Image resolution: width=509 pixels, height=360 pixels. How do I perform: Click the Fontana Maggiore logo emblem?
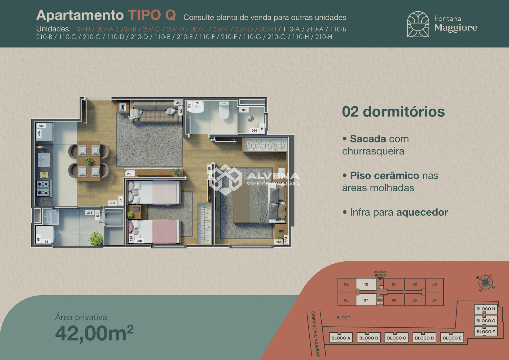click(418, 24)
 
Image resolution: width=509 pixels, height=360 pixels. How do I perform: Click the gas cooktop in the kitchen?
click(43, 188)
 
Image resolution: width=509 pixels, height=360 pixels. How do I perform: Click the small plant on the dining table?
click(89, 161)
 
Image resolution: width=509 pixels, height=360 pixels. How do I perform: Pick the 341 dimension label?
click(178, 103)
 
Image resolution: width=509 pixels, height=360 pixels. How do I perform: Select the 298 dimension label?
click(130, 174)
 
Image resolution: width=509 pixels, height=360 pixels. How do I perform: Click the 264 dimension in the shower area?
click(254, 131)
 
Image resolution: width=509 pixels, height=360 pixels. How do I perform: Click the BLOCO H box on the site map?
click(486, 309)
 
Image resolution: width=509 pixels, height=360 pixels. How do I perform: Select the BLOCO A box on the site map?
click(341, 338)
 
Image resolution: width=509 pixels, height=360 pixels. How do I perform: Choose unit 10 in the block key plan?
click(366, 284)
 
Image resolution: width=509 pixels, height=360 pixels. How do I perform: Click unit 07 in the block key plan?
click(366, 300)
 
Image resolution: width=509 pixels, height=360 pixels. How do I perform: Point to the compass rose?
click(486, 283)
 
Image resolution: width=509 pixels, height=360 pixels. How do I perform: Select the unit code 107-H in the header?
click(82, 29)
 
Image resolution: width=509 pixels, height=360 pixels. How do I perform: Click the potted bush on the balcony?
click(96, 238)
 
